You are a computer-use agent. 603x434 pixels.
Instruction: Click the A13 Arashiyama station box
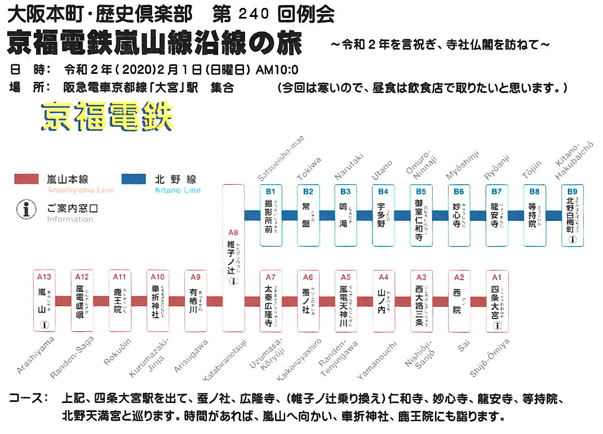(45, 301)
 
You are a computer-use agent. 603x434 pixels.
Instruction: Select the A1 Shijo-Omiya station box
(496, 301)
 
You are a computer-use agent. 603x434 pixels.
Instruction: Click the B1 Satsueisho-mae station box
(271, 215)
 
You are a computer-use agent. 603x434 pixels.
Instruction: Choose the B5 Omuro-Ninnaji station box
(422, 215)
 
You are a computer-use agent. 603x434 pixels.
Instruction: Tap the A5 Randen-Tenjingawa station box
(345, 301)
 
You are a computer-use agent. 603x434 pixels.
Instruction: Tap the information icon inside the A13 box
(45, 325)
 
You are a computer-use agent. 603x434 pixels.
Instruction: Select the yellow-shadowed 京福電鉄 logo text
(107, 116)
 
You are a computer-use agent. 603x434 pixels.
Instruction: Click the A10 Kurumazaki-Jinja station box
(158, 301)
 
